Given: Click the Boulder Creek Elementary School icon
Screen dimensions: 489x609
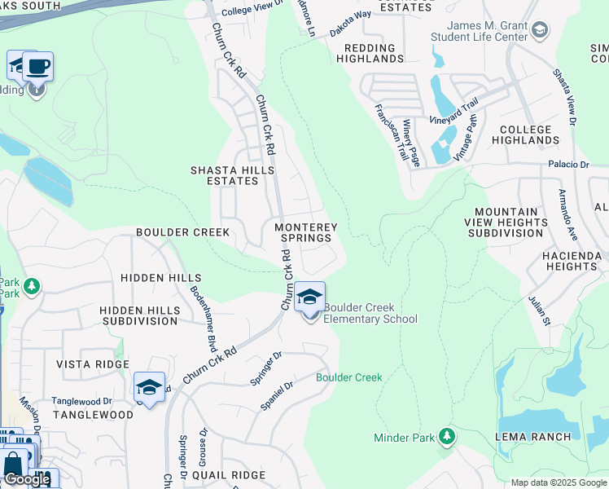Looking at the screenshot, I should [x=309, y=298].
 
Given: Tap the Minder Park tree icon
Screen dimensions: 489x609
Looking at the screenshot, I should [x=446, y=437].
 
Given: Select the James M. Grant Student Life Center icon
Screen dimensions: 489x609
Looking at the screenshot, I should [x=539, y=30].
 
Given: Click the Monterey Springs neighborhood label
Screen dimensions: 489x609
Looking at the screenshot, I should [x=305, y=232].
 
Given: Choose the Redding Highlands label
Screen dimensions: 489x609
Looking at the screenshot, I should [x=370, y=53].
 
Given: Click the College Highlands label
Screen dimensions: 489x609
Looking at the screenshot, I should [x=529, y=134].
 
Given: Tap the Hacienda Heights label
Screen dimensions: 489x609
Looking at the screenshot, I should [x=572, y=261].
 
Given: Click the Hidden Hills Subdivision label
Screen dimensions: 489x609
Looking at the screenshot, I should [x=138, y=315].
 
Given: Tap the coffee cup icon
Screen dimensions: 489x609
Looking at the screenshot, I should [x=37, y=65].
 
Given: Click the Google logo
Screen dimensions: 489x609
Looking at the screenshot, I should [x=26, y=479].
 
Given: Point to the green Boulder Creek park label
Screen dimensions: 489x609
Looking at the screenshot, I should [x=348, y=377].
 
